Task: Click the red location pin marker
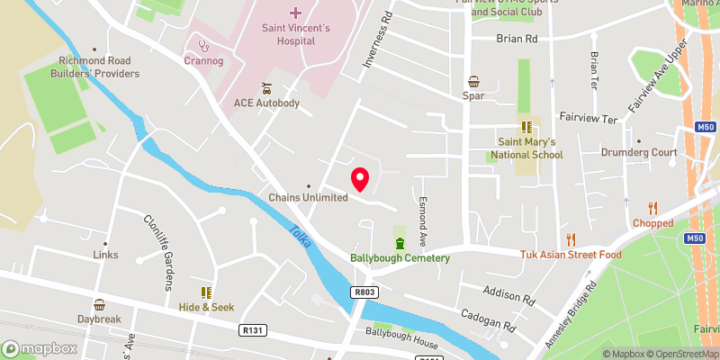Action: (x=360, y=179)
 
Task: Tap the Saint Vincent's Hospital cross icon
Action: (x=296, y=13)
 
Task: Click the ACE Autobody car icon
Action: (x=266, y=88)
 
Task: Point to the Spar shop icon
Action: (x=473, y=81)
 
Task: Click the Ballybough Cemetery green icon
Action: (x=400, y=243)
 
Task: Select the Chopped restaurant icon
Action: (x=652, y=207)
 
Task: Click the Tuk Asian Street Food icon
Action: (x=571, y=239)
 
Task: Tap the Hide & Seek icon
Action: (x=205, y=292)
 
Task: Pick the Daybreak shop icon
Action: (x=99, y=304)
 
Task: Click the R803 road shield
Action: (x=364, y=292)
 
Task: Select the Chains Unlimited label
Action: (x=308, y=198)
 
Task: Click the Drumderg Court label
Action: (x=638, y=153)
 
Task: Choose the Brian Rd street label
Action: (x=517, y=40)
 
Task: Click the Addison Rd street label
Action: (x=508, y=295)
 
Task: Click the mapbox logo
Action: (x=40, y=348)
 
